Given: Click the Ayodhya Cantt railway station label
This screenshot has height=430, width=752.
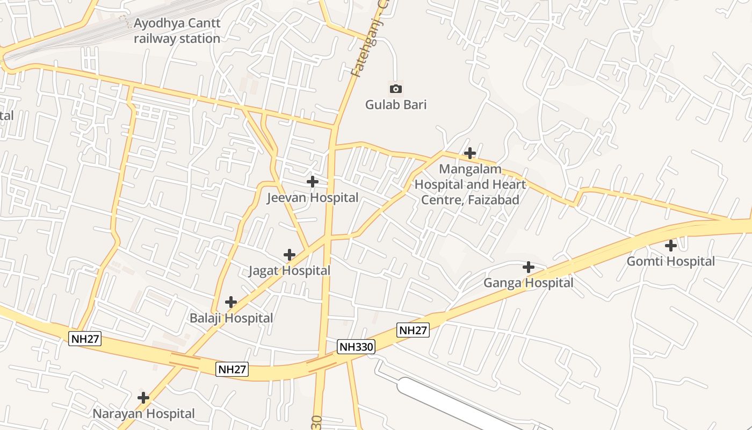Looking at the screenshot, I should point(177,31).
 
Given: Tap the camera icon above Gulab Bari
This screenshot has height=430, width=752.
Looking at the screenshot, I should point(396,89).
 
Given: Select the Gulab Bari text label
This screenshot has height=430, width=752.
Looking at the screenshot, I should point(396,104).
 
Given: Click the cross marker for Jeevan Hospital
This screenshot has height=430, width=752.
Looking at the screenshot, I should point(312,182).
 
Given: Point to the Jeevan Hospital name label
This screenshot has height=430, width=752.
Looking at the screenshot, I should point(313,197).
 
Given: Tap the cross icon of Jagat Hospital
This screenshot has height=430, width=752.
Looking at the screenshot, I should point(290,254).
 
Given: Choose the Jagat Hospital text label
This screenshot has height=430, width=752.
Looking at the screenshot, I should point(290,270).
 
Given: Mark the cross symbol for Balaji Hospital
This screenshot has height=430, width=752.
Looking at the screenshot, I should point(231,302).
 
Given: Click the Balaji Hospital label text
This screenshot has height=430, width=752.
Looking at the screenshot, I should point(231,318).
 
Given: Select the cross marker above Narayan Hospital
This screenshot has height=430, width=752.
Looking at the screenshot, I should point(143,398).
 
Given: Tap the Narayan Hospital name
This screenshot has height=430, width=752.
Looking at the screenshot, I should point(143,413).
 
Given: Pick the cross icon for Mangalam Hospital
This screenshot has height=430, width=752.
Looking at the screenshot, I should point(470,153).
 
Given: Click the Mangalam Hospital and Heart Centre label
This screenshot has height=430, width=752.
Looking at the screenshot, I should point(470,184).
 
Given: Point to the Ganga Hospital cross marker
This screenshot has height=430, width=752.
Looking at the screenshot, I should point(529,267).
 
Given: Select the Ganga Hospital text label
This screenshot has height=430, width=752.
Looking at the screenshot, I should point(529,283).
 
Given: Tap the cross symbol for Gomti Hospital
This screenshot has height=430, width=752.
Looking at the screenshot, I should point(671,246).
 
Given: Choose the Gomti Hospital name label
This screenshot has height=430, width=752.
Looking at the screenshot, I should point(671,261).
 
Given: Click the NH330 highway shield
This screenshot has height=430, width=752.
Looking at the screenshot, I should point(356,347).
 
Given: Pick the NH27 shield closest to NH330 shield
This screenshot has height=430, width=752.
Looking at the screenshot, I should point(413,330).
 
